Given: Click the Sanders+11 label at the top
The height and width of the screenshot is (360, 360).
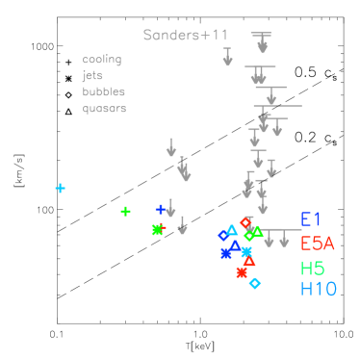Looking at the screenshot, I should click(186, 36).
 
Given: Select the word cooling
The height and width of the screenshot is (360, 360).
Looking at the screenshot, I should click(102, 60).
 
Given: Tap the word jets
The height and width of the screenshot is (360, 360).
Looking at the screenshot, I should click(93, 76).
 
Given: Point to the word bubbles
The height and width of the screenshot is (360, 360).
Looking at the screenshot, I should click(104, 92).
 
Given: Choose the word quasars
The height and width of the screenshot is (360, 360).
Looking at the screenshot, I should click(104, 109).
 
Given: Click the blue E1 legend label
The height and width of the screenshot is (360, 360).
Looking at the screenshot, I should click(311, 219).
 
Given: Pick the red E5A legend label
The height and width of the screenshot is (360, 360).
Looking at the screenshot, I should click(318, 244).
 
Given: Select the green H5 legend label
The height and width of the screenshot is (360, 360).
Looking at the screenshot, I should click(312, 269).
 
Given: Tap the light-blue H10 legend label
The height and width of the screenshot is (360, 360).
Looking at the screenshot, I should click(318, 288).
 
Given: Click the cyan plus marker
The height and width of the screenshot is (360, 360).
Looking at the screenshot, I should click(60, 188).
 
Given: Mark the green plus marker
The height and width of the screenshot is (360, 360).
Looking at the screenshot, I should click(125, 211).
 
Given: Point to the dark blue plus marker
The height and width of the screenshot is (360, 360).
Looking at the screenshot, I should click(161, 209).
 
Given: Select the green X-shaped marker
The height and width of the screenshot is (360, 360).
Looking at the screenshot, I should click(157, 229).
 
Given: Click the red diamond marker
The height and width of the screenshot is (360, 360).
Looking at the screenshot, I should click(245, 222).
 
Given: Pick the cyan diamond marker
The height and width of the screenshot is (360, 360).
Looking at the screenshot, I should click(254, 283).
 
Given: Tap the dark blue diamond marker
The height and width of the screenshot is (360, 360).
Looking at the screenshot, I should click(223, 235).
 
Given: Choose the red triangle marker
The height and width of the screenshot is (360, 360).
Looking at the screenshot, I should click(249, 261).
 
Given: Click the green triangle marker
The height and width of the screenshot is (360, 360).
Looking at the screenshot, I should click(257, 231).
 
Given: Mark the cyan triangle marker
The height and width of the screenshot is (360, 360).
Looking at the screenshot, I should click(232, 230).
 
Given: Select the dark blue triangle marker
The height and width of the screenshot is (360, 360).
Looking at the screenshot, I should click(235, 245).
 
